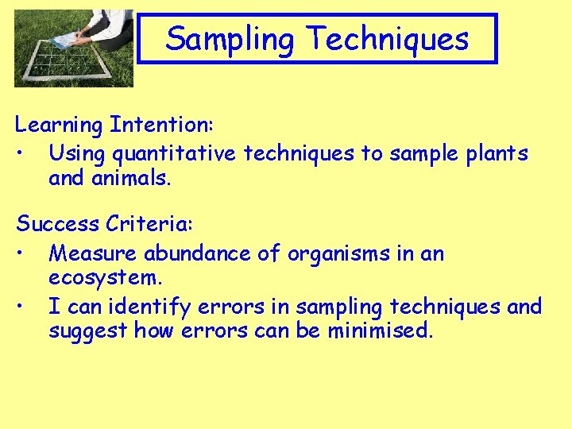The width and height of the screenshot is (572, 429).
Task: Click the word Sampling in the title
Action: coord(231,39)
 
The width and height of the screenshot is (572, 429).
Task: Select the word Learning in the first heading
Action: coord(60,126)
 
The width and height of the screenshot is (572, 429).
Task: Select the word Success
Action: coord(58,224)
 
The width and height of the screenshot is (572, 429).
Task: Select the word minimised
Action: coord(380,330)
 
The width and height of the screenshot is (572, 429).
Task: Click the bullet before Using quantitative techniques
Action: coord(27,153)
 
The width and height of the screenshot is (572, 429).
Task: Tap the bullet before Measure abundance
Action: coord(27,254)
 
